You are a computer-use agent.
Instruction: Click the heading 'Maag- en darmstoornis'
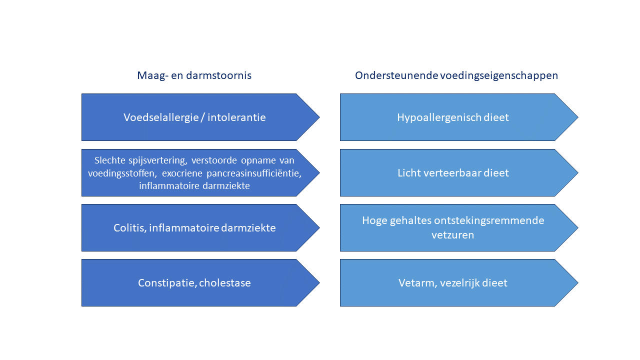click(194, 75)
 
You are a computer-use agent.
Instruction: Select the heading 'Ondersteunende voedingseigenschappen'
click(456, 75)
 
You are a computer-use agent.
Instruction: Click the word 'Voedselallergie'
click(161, 117)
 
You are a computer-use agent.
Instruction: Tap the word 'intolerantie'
click(236, 117)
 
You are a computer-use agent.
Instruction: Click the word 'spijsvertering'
click(158, 160)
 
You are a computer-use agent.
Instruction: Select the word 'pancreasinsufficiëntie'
click(253, 173)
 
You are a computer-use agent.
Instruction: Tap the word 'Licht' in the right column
click(409, 173)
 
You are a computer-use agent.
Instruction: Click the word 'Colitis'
click(130, 228)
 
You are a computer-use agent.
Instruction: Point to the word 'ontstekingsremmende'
click(489, 220)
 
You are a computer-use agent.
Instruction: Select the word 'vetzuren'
click(452, 235)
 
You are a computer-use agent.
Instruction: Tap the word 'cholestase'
click(225, 283)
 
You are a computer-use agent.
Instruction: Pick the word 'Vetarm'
click(417, 283)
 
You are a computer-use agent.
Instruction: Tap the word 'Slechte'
click(110, 160)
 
